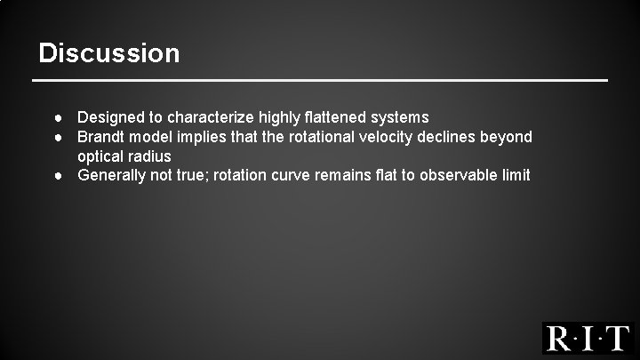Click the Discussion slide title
pyautogui.click(x=109, y=53)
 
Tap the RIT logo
pyautogui.click(x=588, y=338)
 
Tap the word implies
pyautogui.click(x=206, y=137)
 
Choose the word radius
pyautogui.click(x=151, y=156)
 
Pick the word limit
pyautogui.click(x=516, y=175)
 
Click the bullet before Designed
pyautogui.click(x=56, y=117)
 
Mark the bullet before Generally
pyautogui.click(x=56, y=175)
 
